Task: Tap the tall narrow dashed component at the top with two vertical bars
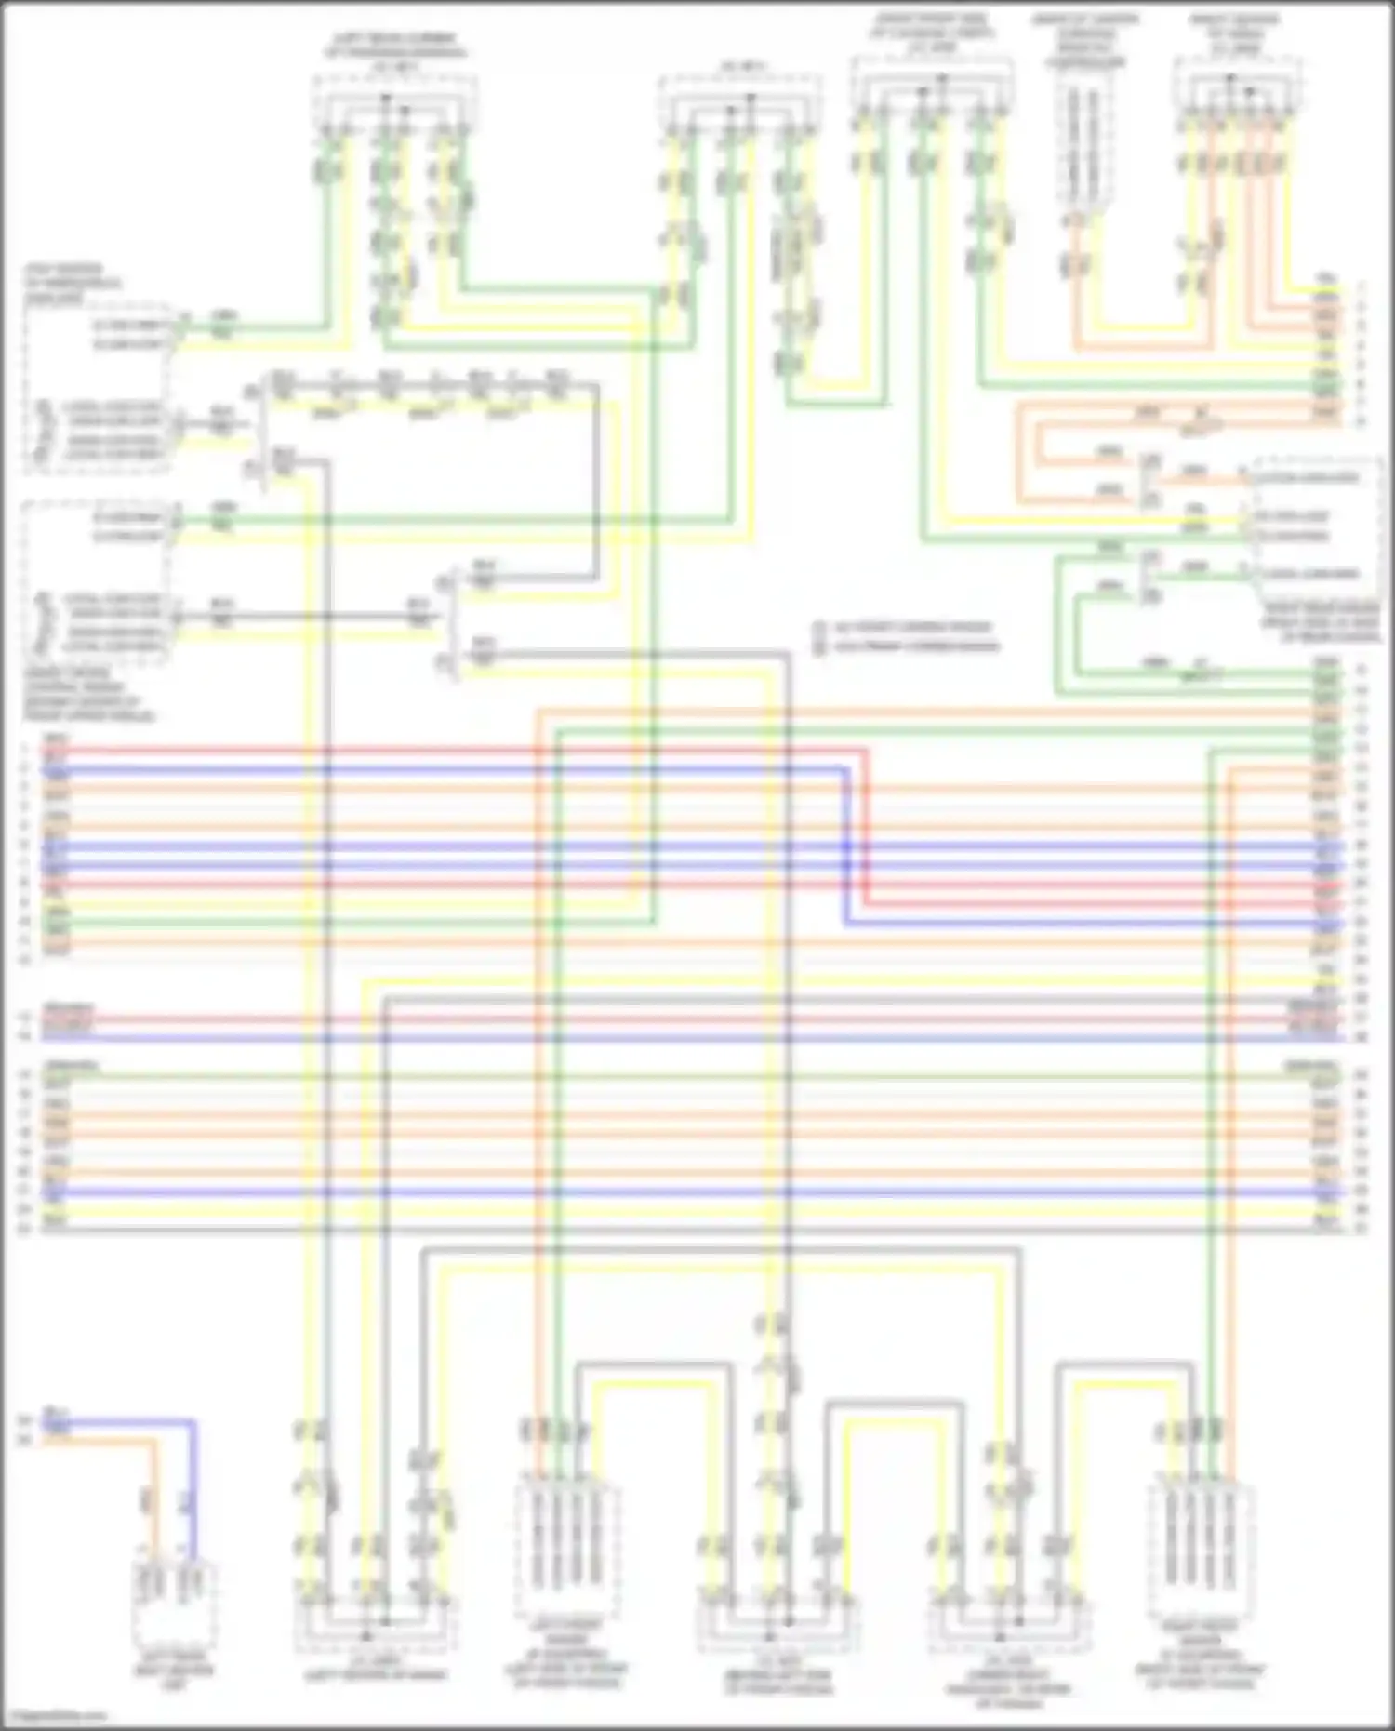click(x=1083, y=140)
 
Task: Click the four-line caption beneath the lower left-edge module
click(x=88, y=694)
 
